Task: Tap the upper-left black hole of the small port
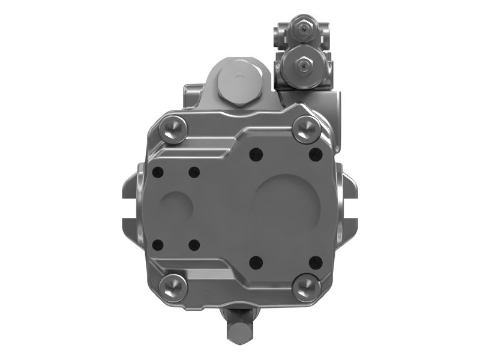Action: pyautogui.click(x=158, y=173)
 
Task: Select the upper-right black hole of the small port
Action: pyautogui.click(x=194, y=173)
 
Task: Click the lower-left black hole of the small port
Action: pyautogui.click(x=158, y=244)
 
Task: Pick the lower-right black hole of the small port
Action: pyautogui.click(x=194, y=244)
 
